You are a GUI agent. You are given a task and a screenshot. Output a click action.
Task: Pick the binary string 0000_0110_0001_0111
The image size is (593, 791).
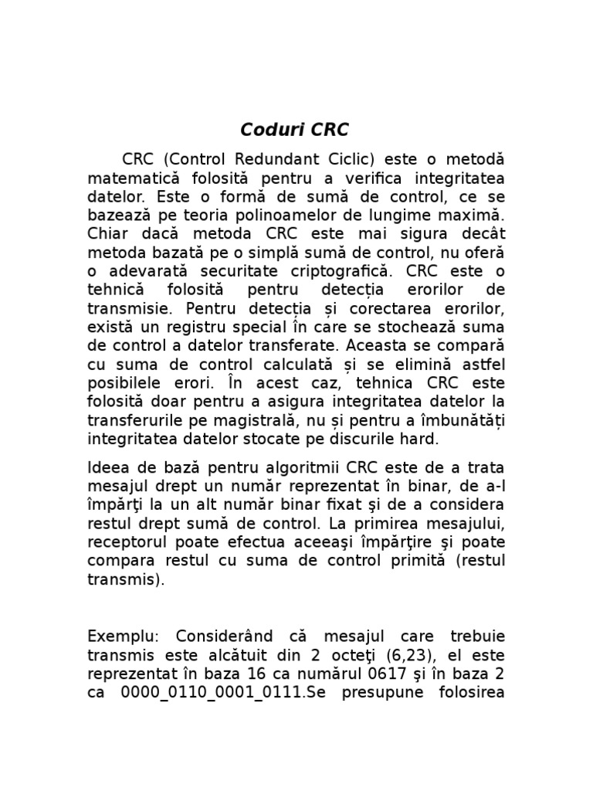(212, 693)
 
